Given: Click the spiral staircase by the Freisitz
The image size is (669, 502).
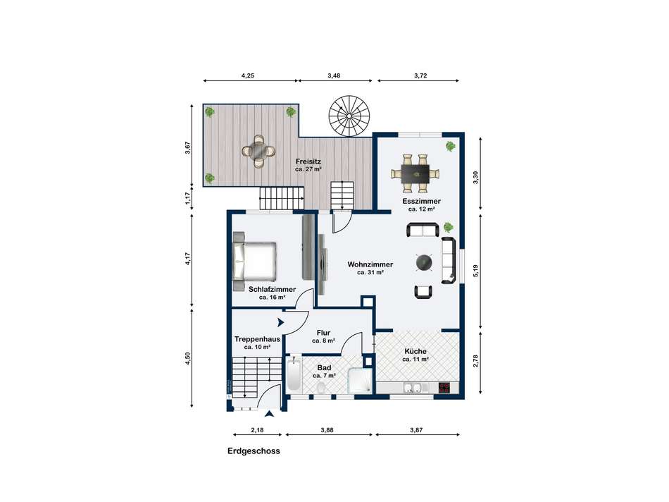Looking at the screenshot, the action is [x=349, y=116].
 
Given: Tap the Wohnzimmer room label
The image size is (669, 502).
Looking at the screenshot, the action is [x=370, y=264].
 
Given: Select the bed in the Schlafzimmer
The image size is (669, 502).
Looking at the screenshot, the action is [x=255, y=261].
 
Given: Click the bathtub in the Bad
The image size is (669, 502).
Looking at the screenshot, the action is [x=294, y=376].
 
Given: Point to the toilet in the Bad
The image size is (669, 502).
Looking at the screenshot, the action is [x=322, y=388].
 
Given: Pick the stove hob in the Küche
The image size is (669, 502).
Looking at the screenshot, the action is [x=444, y=388].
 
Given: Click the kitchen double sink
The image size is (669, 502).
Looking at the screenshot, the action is [x=413, y=388].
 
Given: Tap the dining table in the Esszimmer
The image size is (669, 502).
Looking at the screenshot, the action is [x=415, y=173].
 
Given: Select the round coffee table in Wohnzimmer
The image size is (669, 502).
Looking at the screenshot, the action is [x=425, y=262].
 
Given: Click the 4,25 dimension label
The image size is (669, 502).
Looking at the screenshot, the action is [x=247, y=75].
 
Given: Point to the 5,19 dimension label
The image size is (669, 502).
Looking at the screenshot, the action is [x=476, y=271].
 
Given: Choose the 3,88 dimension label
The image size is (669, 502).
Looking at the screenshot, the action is [x=327, y=430].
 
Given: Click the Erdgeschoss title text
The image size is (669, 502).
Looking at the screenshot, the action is [x=254, y=451].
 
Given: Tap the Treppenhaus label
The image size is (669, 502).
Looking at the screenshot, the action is [x=257, y=339].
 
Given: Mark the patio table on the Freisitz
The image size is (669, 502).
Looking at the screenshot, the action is [x=258, y=151].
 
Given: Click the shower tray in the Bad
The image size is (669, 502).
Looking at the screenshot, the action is [x=361, y=380].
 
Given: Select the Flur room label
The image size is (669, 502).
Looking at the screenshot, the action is [x=323, y=333].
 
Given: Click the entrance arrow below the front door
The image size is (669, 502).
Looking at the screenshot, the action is [x=270, y=414].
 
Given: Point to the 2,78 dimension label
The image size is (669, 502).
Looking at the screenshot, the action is [x=476, y=361].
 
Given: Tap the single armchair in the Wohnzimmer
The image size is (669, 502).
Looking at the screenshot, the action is [x=423, y=291].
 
